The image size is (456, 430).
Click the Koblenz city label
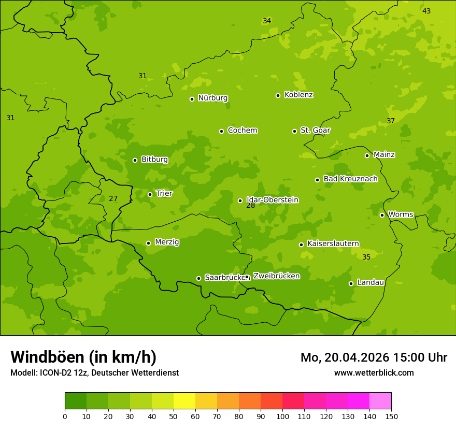(298, 95)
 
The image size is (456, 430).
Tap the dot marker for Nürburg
(192, 99)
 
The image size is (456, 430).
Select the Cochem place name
(242, 131)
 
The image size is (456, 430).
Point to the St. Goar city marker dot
(294, 131)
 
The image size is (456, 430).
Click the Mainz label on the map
(384, 155)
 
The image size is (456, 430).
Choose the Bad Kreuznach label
(350, 179)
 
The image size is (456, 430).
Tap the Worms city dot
(382, 215)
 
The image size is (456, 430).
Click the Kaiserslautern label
(333, 244)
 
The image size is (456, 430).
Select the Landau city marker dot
(351, 283)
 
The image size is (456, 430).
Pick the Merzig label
(167, 242)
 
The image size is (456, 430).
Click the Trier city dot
(150, 194)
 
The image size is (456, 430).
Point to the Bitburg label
(154, 160)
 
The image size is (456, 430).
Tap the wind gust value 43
(426, 11)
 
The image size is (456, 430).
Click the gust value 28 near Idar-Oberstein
(250, 206)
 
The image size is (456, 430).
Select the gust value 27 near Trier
(113, 199)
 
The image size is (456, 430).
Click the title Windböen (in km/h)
(83, 357)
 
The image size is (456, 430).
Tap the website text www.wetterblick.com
(374, 372)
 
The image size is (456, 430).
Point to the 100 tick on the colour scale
(282, 416)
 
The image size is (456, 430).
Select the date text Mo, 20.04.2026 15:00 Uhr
(374, 357)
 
